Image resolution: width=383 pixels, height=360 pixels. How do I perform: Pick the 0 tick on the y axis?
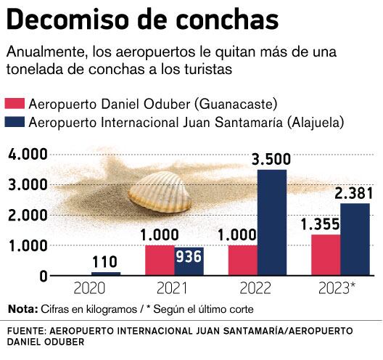(44, 276)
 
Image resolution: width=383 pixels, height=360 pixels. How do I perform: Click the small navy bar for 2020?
(106, 274)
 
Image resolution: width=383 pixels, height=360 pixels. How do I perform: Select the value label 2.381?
(353, 193)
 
